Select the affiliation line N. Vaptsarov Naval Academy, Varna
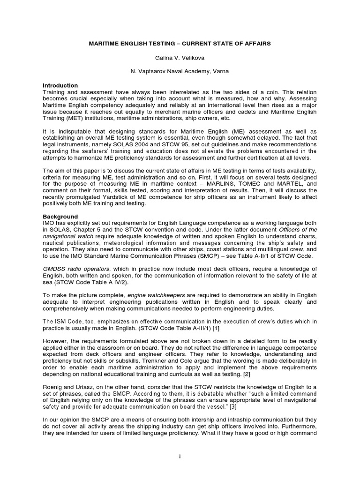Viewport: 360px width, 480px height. [180, 72]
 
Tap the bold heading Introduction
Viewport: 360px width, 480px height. [60, 86]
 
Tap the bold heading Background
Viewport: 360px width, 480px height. [60, 217]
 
